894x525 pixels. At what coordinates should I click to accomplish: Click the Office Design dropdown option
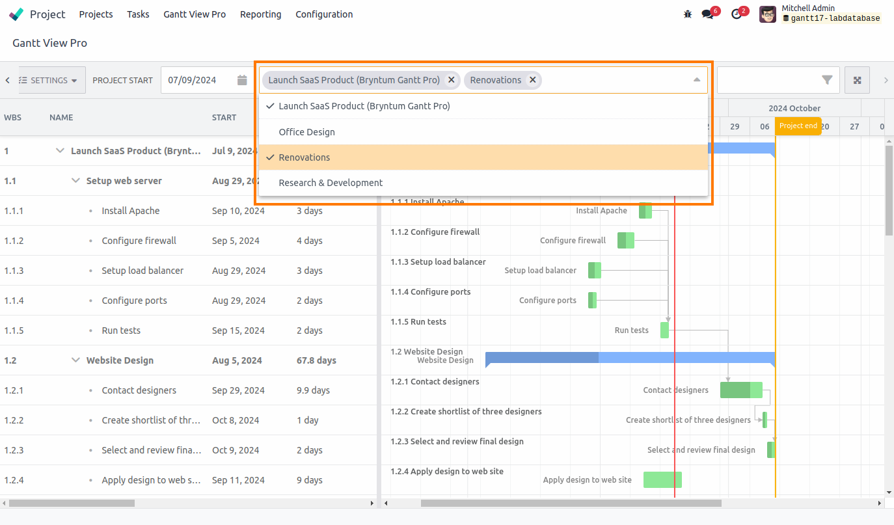click(306, 132)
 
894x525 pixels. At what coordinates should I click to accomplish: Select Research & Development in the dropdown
click(331, 183)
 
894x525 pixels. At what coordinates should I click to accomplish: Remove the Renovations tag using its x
click(533, 80)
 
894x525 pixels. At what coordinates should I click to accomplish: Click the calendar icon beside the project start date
click(242, 80)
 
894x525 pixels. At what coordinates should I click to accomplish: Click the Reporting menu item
click(260, 14)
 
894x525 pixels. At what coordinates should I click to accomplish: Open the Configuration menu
click(324, 14)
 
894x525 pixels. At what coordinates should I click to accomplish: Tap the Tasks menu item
click(138, 14)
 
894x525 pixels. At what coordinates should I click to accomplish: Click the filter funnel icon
click(827, 80)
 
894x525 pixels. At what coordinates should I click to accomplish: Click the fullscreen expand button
click(858, 80)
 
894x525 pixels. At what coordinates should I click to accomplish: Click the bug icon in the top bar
click(688, 14)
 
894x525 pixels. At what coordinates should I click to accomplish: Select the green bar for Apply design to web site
click(662, 479)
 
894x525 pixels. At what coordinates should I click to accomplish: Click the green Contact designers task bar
click(741, 390)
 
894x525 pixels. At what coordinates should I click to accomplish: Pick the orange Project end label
click(798, 126)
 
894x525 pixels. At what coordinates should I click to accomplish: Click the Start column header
click(224, 118)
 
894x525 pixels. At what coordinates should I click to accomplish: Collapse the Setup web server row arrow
click(75, 181)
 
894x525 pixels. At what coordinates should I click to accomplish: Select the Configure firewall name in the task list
click(139, 241)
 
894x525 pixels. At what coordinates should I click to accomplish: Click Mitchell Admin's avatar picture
click(768, 14)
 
